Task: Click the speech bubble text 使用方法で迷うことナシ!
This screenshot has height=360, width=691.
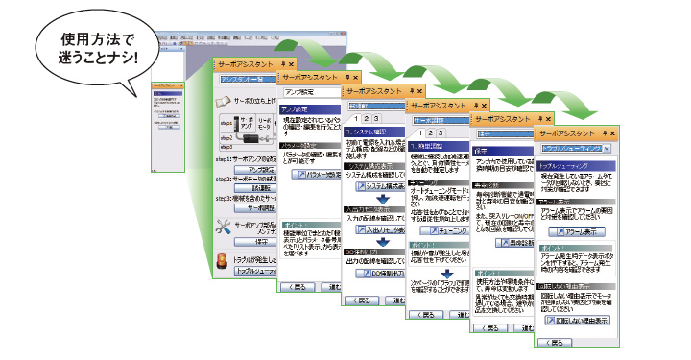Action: [95, 48]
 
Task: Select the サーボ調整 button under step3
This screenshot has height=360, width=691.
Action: [253, 206]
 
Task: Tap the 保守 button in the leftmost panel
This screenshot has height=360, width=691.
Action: [253, 243]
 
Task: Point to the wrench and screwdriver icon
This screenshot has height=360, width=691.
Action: [224, 228]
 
